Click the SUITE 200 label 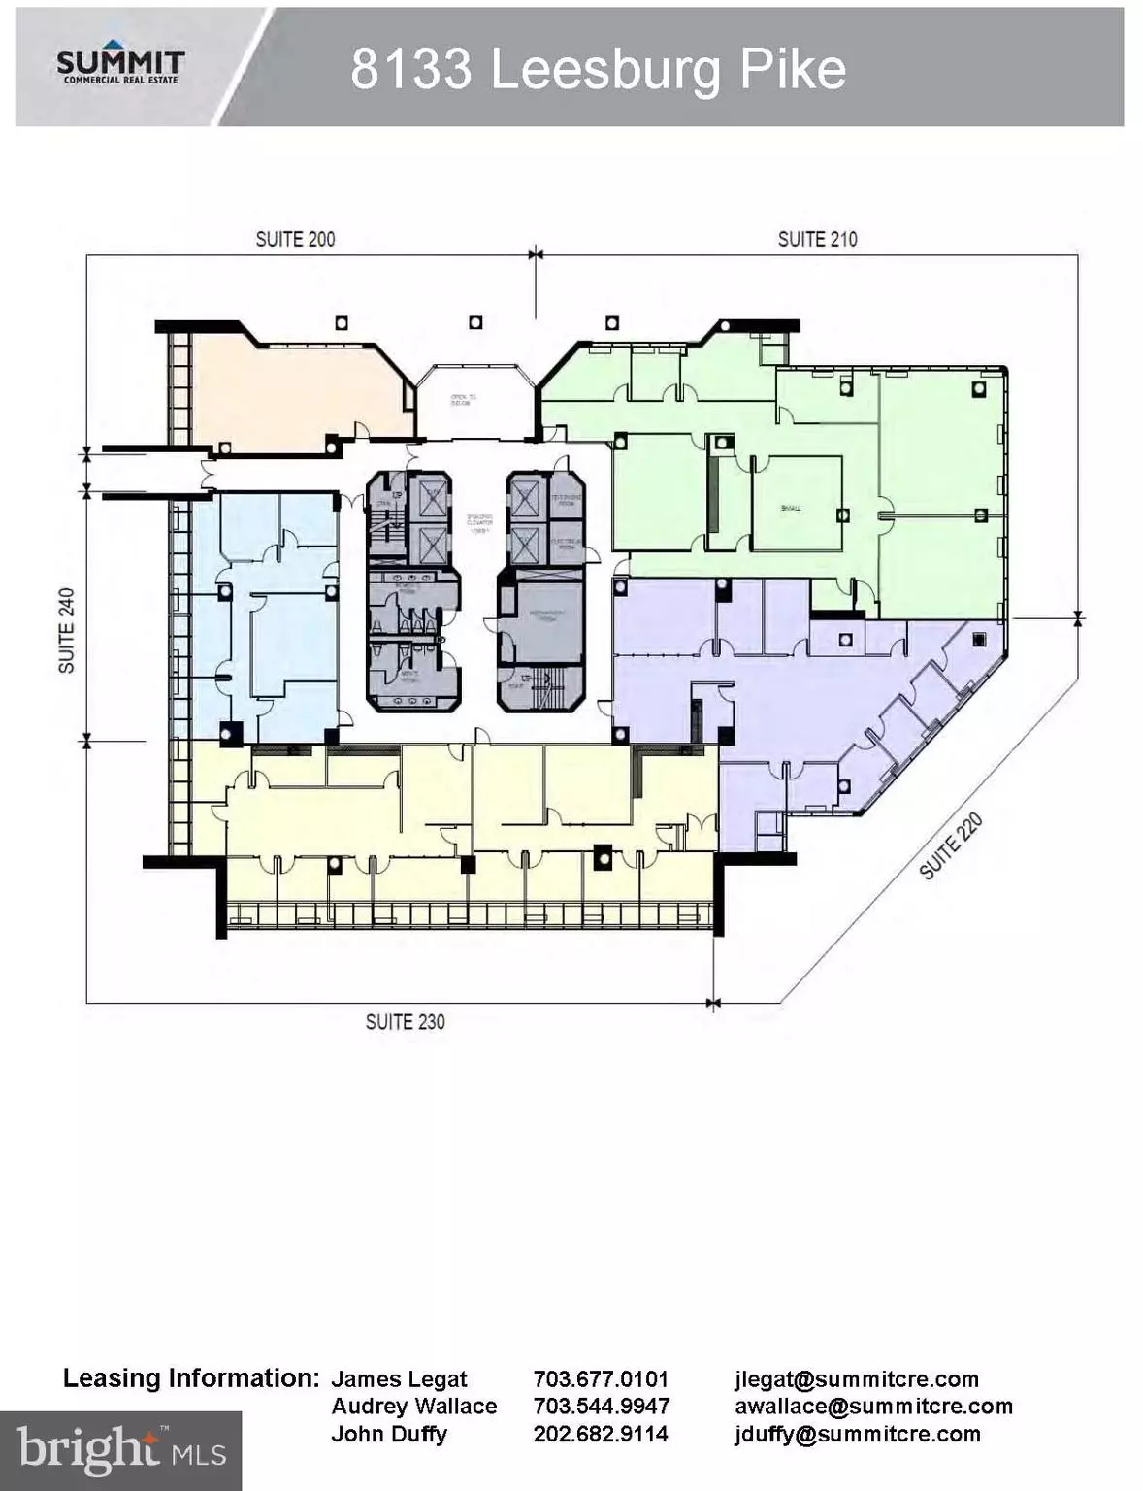point(295,239)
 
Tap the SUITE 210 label point(817,239)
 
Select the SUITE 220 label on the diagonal point(951,846)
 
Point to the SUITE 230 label point(405,1022)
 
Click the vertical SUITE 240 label point(67,630)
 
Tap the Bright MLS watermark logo point(120,1450)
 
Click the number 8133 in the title point(410,70)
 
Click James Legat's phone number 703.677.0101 point(601,1379)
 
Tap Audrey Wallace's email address point(873,1407)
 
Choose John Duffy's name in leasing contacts point(389,1434)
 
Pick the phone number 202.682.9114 point(601,1434)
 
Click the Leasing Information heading point(191,1378)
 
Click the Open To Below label point(462,400)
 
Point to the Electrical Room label point(566,545)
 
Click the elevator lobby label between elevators point(479,523)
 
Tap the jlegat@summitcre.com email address point(856,1379)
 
